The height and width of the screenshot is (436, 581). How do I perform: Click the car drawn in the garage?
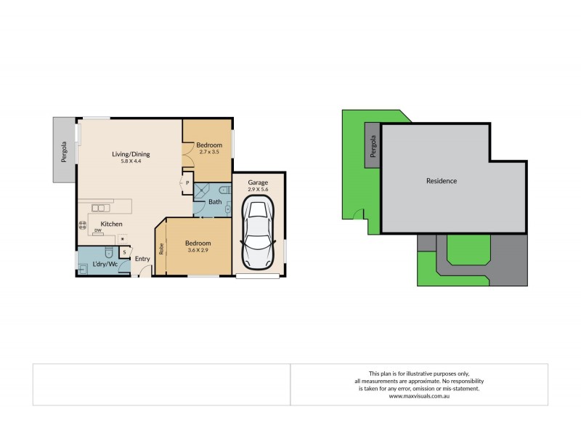point(258,232)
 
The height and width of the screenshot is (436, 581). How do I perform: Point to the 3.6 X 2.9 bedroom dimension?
point(198,250)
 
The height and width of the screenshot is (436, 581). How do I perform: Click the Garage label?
point(258,182)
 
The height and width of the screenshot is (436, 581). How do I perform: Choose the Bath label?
point(215,202)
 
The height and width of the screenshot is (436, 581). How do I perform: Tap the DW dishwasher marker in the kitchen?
point(97,230)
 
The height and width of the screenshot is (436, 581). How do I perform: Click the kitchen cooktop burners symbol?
point(82,225)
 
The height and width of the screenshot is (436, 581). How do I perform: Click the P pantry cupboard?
point(187,183)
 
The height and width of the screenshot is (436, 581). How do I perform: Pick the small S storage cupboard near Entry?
point(124,252)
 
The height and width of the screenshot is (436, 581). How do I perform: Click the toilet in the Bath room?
point(227,190)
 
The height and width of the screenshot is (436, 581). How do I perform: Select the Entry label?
point(142,259)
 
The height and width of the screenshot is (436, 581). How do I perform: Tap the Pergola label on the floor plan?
point(63,150)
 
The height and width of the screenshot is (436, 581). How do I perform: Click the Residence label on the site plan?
point(441,181)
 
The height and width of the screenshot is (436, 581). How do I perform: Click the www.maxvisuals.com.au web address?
point(419,396)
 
